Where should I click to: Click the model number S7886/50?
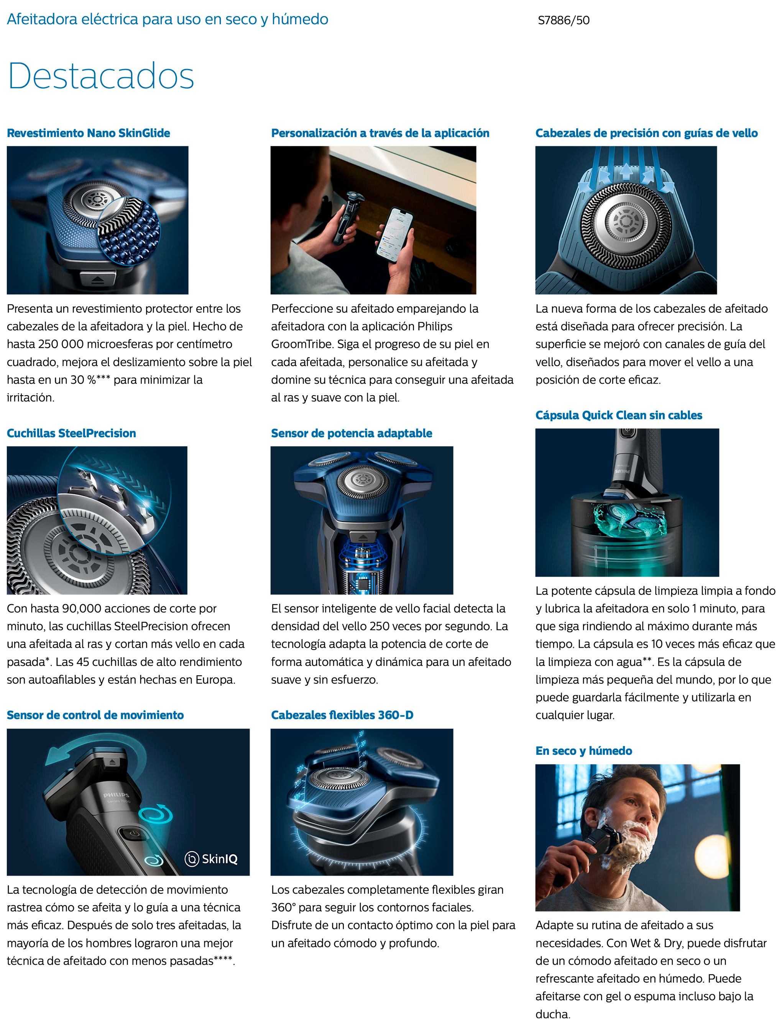563,20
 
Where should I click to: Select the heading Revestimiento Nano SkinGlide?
89,133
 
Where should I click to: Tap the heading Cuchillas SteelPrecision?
71,433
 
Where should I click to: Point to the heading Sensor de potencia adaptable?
352,433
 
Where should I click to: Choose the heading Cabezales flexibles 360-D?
342,715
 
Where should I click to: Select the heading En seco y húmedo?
583,751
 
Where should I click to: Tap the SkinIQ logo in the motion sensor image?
212,858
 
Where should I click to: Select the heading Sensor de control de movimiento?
95,715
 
